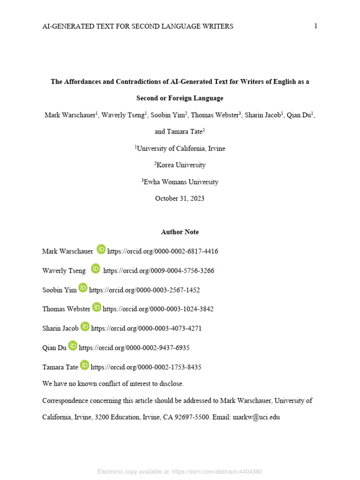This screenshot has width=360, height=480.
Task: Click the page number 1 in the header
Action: point(316,26)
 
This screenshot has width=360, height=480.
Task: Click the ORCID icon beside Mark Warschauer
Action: point(101,249)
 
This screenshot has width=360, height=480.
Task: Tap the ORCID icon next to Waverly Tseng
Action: point(96,269)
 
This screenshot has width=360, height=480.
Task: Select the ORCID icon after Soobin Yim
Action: point(83,288)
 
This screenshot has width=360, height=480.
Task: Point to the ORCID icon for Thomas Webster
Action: point(97,307)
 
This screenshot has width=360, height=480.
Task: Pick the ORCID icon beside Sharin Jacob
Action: point(85,326)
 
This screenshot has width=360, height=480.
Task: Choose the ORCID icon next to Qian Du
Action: point(73,345)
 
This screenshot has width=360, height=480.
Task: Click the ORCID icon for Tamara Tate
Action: point(84,365)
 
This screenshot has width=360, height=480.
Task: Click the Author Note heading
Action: point(180,232)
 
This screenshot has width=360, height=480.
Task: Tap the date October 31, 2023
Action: point(180,199)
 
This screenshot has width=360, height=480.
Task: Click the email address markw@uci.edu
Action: point(256,417)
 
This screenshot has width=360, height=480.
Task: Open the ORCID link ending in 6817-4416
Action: point(163,251)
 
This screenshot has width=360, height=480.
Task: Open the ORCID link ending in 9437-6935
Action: point(134,348)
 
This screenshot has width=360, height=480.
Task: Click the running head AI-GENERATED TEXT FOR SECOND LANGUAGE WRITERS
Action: point(137,27)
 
